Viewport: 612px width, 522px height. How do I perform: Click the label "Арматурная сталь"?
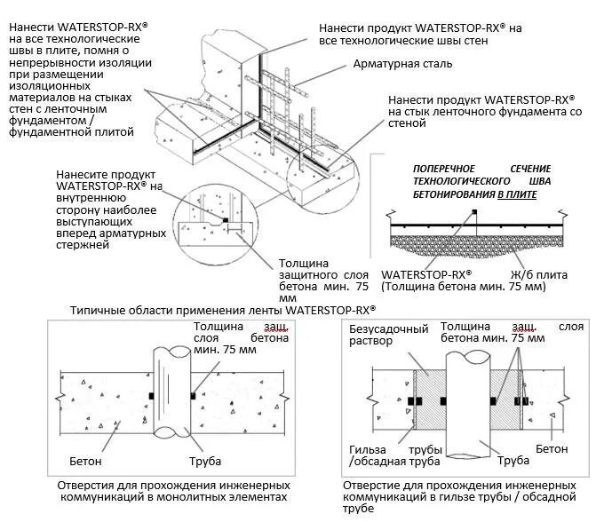point(403,64)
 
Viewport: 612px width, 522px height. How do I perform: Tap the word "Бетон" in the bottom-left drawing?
point(86,462)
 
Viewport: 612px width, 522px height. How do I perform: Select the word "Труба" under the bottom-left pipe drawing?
point(204,462)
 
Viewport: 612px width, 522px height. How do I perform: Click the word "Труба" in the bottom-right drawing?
point(513,460)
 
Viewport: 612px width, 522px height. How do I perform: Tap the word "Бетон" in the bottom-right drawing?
point(552,449)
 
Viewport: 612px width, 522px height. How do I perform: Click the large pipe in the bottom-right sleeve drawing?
point(469,399)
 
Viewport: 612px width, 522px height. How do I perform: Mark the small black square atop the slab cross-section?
point(474,211)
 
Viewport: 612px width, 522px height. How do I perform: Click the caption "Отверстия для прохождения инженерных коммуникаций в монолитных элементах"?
point(173,492)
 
